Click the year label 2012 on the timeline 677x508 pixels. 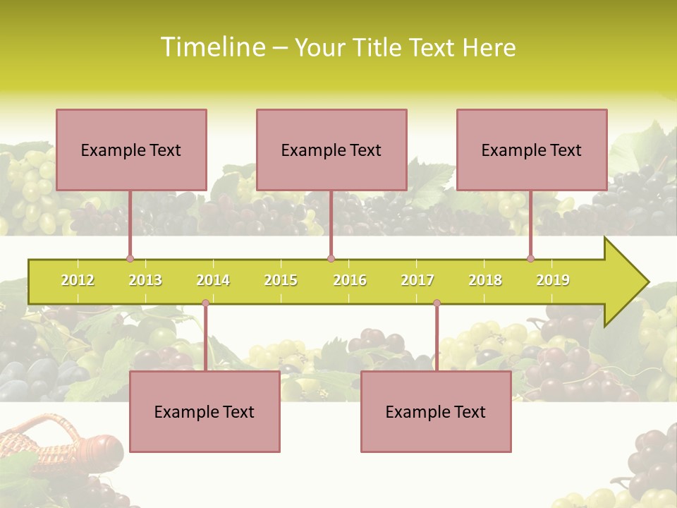[x=78, y=280]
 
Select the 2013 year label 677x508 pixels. [x=145, y=280]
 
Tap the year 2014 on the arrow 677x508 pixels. [x=213, y=280]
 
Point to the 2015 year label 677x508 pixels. [x=281, y=280]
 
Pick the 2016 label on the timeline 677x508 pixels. [x=350, y=280]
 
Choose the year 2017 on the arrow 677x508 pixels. [x=417, y=280]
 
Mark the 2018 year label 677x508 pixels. [x=485, y=280]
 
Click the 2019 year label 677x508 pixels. [x=553, y=280]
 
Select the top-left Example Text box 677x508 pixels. [x=131, y=150]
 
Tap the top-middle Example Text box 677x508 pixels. [x=331, y=150]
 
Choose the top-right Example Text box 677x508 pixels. [x=532, y=150]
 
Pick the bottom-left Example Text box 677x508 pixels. [x=205, y=411]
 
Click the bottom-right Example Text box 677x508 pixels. [x=436, y=411]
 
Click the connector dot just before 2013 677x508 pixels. [x=130, y=258]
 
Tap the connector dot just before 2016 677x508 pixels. [x=331, y=258]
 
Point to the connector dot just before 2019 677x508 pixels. [x=530, y=258]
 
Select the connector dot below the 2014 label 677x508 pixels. [x=205, y=303]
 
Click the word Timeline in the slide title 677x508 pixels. [x=212, y=47]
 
